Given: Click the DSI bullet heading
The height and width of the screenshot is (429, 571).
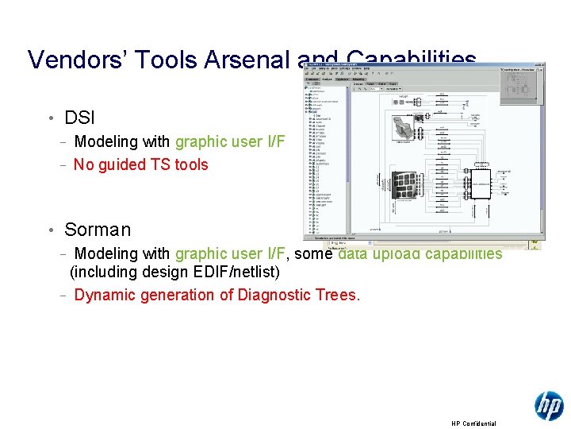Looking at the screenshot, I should pyautogui.click(x=79, y=118).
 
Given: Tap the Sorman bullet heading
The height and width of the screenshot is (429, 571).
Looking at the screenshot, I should pyautogui.click(x=98, y=230).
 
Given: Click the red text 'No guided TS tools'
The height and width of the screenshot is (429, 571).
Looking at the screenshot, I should pyautogui.click(x=140, y=165).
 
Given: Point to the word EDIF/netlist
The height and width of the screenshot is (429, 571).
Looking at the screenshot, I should pyautogui.click(x=240, y=272).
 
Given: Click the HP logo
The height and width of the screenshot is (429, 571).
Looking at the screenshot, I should pyautogui.click(x=549, y=406).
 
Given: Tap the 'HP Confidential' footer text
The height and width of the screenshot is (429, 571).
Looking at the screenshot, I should pyautogui.click(x=473, y=423).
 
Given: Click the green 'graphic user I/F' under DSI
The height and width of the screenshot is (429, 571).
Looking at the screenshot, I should pyautogui.click(x=229, y=142).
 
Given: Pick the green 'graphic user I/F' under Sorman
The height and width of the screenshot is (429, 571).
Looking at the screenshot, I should pyautogui.click(x=229, y=254).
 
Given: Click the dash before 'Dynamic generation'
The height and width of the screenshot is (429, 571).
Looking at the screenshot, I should pyautogui.click(x=63, y=296).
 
